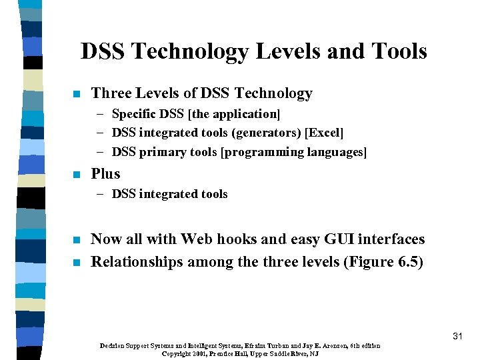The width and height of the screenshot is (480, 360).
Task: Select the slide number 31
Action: tap(457, 337)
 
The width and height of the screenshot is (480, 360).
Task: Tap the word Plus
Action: tap(105, 174)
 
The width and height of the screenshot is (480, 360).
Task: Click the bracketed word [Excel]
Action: tap(324, 133)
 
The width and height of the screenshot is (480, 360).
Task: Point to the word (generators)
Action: tap(268, 133)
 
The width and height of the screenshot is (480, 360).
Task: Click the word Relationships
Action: tap(137, 262)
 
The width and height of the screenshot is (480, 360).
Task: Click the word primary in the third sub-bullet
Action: tap(159, 153)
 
